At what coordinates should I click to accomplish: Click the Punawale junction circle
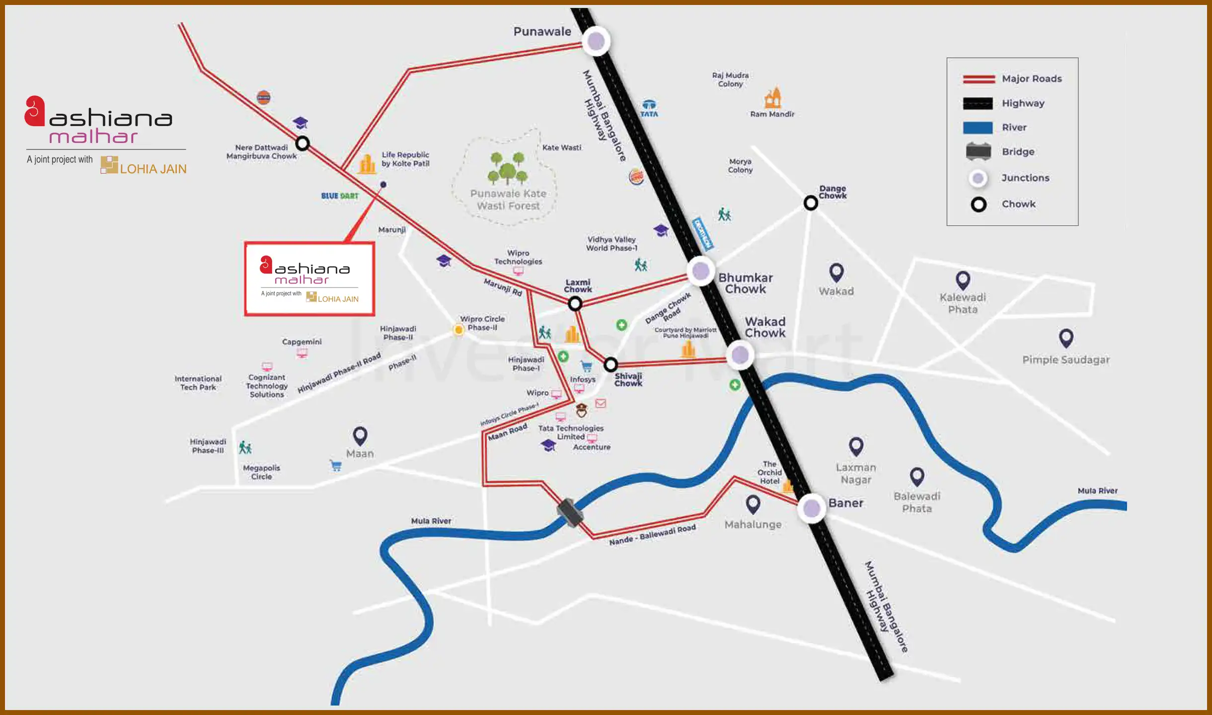click(x=596, y=41)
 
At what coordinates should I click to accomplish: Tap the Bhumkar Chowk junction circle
click(x=701, y=271)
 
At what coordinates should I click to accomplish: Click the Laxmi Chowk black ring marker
click(x=575, y=303)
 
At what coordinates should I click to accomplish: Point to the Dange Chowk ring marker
click(x=811, y=203)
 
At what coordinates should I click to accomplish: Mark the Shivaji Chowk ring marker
click(x=610, y=364)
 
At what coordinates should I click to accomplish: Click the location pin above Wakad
click(x=836, y=272)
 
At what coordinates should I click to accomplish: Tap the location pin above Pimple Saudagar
click(x=1066, y=338)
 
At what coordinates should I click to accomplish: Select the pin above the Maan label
click(x=360, y=435)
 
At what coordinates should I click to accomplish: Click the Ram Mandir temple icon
click(x=772, y=97)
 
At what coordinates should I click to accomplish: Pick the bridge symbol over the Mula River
click(x=570, y=512)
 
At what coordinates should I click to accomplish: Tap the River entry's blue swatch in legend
click(x=978, y=128)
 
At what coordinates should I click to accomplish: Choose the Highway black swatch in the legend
click(x=978, y=103)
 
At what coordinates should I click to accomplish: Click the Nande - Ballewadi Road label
click(x=652, y=535)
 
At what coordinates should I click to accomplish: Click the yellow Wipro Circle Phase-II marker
click(x=458, y=329)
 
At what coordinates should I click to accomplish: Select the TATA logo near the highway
click(x=649, y=108)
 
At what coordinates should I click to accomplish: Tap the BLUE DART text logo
click(x=340, y=196)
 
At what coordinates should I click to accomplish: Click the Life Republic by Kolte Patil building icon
click(x=367, y=164)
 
